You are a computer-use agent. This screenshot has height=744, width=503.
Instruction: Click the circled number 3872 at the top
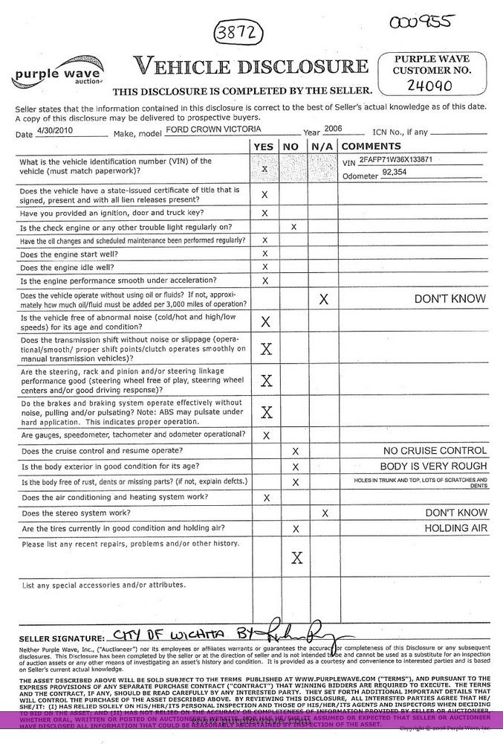coord(235,33)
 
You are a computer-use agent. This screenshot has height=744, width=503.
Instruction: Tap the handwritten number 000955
coord(421,22)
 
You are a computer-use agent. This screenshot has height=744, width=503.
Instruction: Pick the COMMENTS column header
coord(371,146)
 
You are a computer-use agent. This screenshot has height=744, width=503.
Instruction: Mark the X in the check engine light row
coord(294,226)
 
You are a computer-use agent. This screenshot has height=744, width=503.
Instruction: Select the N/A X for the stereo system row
coord(324,513)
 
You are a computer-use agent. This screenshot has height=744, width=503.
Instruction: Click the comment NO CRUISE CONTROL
coord(435,451)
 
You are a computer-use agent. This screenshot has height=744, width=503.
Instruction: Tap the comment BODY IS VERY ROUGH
coord(433,466)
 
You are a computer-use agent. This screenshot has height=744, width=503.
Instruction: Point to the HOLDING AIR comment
coord(455,528)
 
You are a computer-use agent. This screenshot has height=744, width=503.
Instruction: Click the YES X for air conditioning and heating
coord(266,498)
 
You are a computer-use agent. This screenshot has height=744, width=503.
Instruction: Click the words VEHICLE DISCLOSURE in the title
coord(250,67)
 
